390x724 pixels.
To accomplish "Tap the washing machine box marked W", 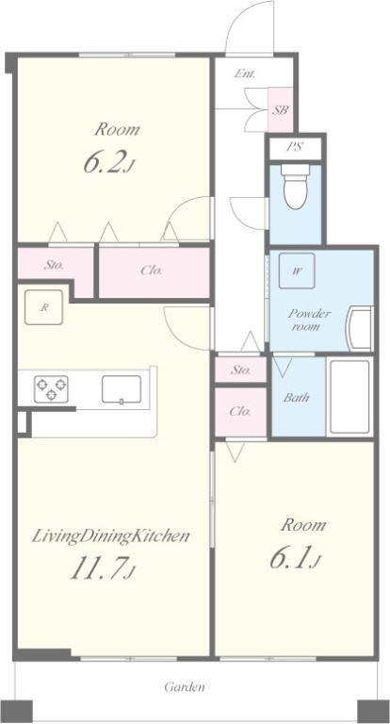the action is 297,271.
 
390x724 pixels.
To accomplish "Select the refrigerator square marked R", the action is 43,307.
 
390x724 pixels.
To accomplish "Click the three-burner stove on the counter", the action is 51,388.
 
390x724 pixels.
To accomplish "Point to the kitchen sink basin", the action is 122,389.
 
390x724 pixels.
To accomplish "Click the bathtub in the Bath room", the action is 349,397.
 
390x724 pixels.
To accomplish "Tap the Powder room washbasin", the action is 359,328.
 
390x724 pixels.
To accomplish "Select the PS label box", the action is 296,147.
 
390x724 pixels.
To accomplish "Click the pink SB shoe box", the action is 281,110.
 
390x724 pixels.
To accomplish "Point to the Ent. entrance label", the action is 245,74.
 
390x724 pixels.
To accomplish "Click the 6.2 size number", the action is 109,163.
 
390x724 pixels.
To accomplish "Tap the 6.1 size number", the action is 295,558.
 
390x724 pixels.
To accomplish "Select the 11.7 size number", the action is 103,568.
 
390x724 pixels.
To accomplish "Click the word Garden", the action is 185,687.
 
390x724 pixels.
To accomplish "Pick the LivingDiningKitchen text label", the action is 110,536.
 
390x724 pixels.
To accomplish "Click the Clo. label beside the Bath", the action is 240,411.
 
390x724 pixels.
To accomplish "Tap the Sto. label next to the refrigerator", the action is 54,265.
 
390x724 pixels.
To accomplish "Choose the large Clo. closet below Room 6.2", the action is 154,272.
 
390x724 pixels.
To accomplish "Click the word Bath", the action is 297,397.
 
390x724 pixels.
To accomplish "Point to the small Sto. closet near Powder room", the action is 241,370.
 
